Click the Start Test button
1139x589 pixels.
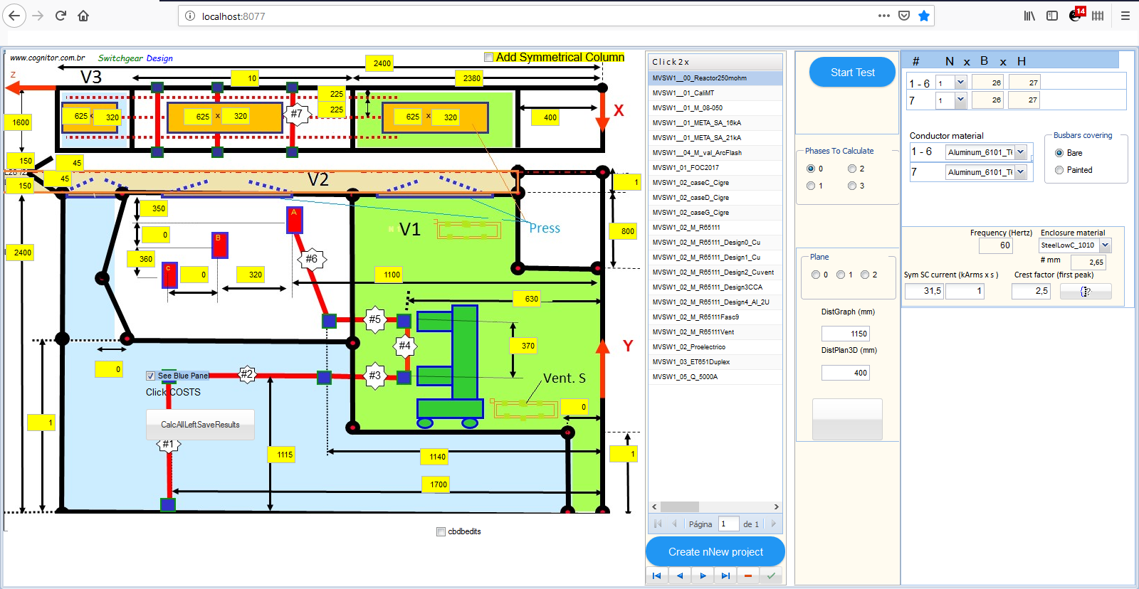point(852,73)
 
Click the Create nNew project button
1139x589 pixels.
point(715,552)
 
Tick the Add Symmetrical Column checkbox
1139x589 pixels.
point(488,58)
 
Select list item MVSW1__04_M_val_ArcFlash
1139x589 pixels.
point(697,153)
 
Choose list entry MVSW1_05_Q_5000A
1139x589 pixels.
point(685,377)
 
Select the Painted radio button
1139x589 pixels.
point(1059,170)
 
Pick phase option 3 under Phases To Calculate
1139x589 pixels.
point(852,186)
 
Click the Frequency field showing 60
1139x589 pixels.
point(995,245)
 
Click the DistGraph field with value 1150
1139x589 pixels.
point(846,334)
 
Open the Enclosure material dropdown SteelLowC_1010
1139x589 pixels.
point(1105,245)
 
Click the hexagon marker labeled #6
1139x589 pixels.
point(311,259)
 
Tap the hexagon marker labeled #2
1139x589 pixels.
point(246,374)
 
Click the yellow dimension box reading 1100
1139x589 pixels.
point(392,275)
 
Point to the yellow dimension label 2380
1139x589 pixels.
point(471,78)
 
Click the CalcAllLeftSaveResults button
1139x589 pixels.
point(200,425)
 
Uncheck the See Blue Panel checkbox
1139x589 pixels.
point(150,376)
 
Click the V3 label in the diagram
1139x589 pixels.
point(90,77)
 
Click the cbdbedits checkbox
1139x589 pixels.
point(441,531)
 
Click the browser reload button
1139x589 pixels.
point(61,16)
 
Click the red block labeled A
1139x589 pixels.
point(294,220)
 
